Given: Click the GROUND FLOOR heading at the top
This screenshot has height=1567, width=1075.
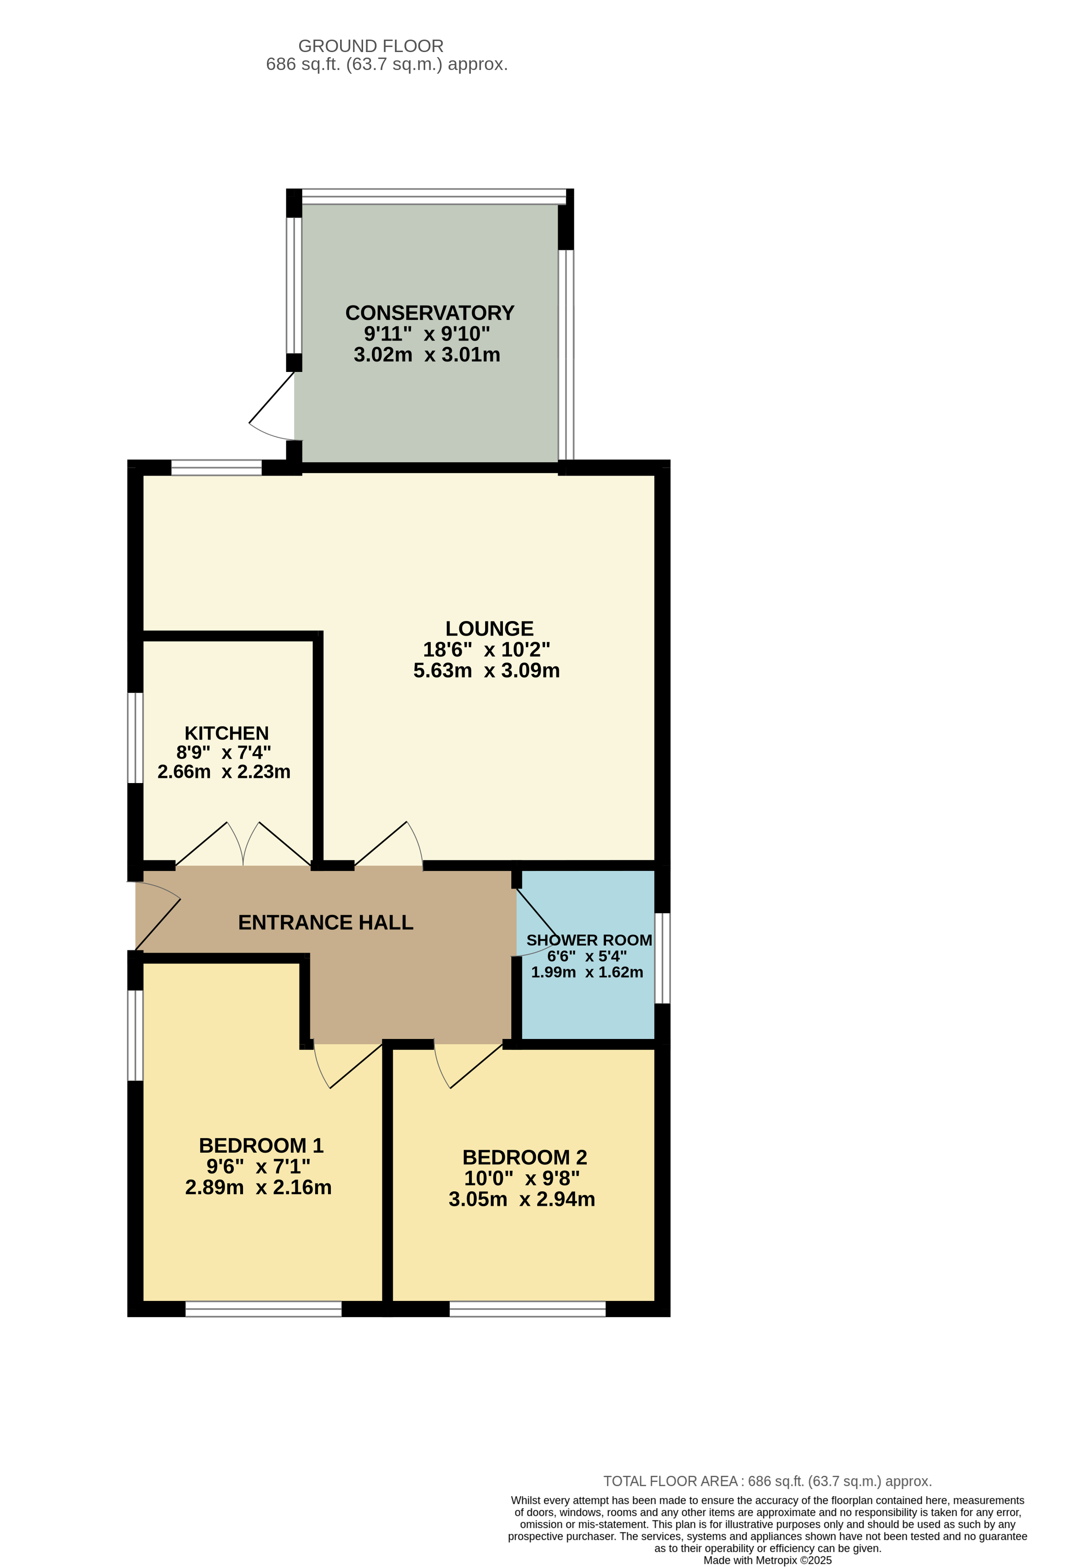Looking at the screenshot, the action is coord(371,46).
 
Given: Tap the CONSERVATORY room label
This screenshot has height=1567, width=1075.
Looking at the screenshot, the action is coord(429,313).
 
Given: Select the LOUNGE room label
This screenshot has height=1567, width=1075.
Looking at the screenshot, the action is coord(489,628).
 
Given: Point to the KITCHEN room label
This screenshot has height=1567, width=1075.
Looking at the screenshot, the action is coord(226,733).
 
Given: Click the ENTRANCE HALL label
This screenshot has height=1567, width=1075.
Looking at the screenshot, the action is coord(325,923).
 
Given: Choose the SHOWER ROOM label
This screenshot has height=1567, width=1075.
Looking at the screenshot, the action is coord(589,940).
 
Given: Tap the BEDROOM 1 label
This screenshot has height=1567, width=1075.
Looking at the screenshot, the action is coord(261,1146).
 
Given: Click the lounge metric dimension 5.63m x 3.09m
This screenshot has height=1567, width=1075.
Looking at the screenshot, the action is coord(486,670).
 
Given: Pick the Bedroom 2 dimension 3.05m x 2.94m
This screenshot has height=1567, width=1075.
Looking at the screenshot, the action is coord(522,1200).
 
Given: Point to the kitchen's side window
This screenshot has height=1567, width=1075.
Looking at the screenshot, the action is coord(135,737).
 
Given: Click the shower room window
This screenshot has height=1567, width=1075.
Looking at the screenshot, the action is coord(663,958).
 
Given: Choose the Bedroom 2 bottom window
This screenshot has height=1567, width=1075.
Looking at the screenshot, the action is coord(528,1309).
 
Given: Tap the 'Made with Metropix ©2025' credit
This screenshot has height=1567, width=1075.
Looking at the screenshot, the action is coord(768,1560).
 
